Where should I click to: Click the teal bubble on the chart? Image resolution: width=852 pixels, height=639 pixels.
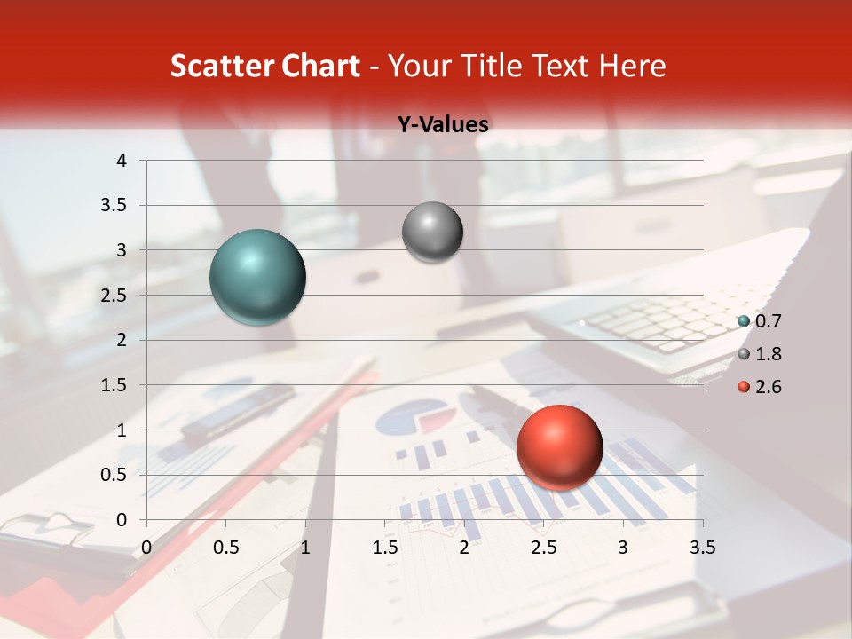pos(258,277)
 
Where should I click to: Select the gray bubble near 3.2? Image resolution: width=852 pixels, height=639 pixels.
pos(432,233)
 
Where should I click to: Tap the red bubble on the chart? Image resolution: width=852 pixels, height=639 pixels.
pos(559,447)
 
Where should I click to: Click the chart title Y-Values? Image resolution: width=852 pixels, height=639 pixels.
pos(442,125)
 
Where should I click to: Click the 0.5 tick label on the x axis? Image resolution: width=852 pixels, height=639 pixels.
pos(226,548)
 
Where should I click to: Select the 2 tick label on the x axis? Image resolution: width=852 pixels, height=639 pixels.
pos(464,548)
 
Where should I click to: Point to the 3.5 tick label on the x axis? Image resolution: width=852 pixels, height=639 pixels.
pos(702,548)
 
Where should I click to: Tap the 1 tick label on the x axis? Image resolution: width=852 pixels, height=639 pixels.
pos(305,548)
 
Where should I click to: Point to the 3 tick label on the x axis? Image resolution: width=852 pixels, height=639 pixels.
pos(623,548)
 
